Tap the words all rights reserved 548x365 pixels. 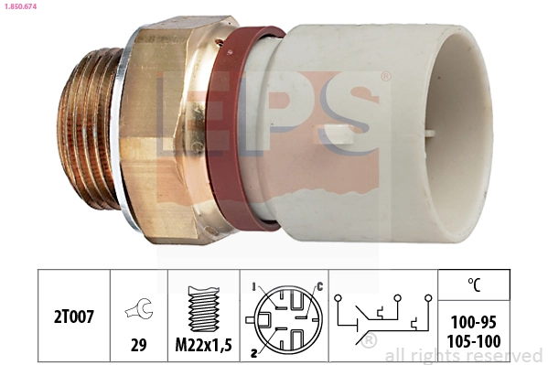click(x=463, y=355)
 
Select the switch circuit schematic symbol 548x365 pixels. click(x=383, y=317)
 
